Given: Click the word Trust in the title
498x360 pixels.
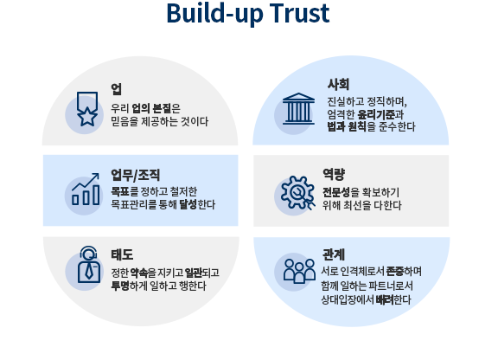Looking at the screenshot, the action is pos(299,13).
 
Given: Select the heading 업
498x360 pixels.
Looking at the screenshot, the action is pos(116,89).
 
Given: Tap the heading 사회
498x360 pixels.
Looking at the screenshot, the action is pos(338,84).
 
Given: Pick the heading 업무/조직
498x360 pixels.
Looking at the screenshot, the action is pos(135,175).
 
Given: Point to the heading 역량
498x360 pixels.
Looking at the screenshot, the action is pos(334,174).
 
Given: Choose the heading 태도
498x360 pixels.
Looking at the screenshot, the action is pos(122,254).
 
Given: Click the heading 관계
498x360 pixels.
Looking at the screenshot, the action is pos(334,254).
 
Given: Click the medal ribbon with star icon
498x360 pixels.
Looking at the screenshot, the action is pos(87,109).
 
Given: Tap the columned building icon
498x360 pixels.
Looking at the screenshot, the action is pos(298,108).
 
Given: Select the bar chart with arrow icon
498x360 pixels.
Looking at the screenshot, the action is pos(86,190).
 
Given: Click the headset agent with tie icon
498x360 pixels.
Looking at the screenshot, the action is pos(89,265).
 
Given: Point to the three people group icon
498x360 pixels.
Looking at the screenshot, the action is pos(299,271).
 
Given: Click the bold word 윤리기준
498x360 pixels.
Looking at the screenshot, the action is pos(376,114).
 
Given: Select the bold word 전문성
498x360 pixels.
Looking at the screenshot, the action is pos(336,192).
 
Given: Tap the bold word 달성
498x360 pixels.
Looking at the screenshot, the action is pos(188,204).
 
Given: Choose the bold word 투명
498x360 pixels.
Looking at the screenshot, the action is pos(120,286).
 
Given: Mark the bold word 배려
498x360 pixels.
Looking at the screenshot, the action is pos(384,299).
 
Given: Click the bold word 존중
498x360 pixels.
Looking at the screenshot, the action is pos(395,271).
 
